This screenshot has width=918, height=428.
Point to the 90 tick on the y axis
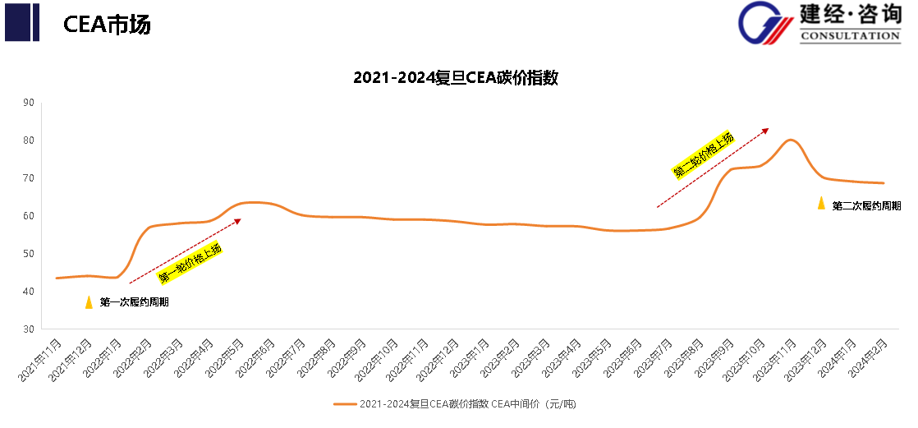click(29, 103)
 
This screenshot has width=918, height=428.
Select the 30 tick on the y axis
click(29, 329)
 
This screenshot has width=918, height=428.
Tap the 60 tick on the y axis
click(29, 216)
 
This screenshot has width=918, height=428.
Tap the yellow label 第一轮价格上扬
click(190, 264)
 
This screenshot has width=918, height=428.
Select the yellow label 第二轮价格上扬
click(703, 155)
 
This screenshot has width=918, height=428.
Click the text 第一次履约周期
click(134, 302)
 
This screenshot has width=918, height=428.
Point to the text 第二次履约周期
click(866, 205)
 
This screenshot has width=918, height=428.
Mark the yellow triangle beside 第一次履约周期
click(89, 301)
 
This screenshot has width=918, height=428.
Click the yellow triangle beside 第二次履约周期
click(821, 203)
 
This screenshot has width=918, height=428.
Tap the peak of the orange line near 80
click(790, 140)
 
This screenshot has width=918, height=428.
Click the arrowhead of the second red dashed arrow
click(766, 130)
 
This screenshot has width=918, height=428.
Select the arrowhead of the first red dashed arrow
click(238, 220)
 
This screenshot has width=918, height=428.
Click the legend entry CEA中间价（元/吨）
click(460, 404)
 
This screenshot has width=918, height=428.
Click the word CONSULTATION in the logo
click(849, 36)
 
